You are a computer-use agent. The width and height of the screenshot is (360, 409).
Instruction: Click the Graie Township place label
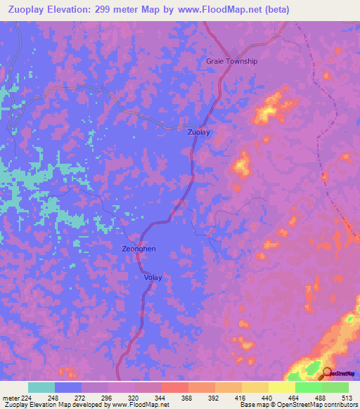click(231, 61)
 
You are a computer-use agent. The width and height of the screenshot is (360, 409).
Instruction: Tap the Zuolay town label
click(198, 131)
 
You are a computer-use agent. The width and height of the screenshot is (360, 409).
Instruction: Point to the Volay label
click(153, 277)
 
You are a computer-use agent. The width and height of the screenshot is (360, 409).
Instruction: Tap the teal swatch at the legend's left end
click(41, 387)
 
